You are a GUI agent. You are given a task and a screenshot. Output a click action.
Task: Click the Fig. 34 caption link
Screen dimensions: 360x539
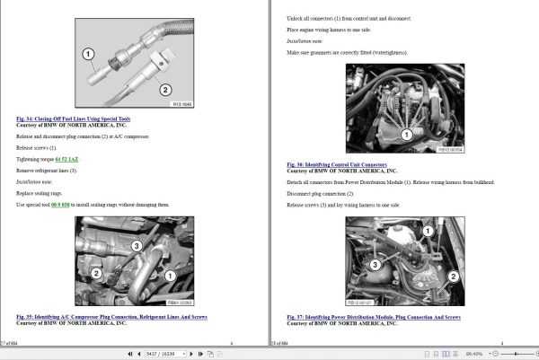coord(74,119)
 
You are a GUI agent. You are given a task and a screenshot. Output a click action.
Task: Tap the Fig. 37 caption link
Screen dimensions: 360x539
coord(374,317)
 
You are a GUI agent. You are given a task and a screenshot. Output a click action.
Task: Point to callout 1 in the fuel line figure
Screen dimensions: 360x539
coord(89,55)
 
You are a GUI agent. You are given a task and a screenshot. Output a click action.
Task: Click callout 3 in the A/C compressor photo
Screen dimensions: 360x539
coord(135,245)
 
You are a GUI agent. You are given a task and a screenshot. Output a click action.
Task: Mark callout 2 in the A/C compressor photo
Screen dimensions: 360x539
coord(95,271)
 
